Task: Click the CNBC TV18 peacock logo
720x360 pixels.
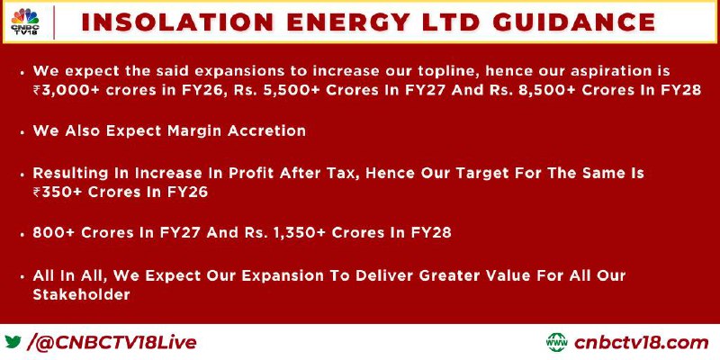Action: click(25, 22)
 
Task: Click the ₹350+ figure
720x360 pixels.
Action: click(58, 192)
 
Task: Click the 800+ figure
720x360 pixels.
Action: click(53, 233)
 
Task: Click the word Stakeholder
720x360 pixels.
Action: click(81, 294)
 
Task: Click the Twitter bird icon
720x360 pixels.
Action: click(13, 342)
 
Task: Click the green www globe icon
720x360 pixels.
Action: click(557, 342)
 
